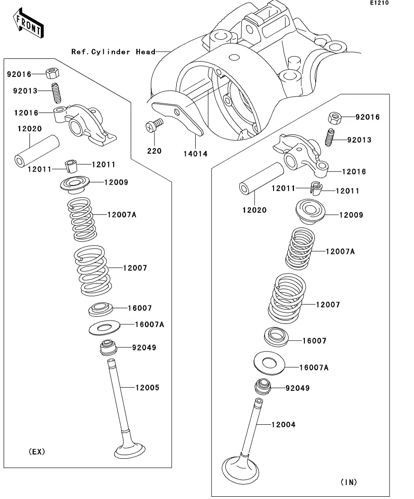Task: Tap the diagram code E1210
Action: (x=379, y=3)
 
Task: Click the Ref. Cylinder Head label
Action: (x=113, y=52)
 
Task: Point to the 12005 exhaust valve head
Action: (x=130, y=450)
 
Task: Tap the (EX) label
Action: (x=37, y=451)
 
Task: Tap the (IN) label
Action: (x=348, y=482)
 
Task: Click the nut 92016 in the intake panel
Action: (x=334, y=119)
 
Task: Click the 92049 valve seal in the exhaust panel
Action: (x=108, y=347)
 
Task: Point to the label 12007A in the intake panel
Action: (x=340, y=251)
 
